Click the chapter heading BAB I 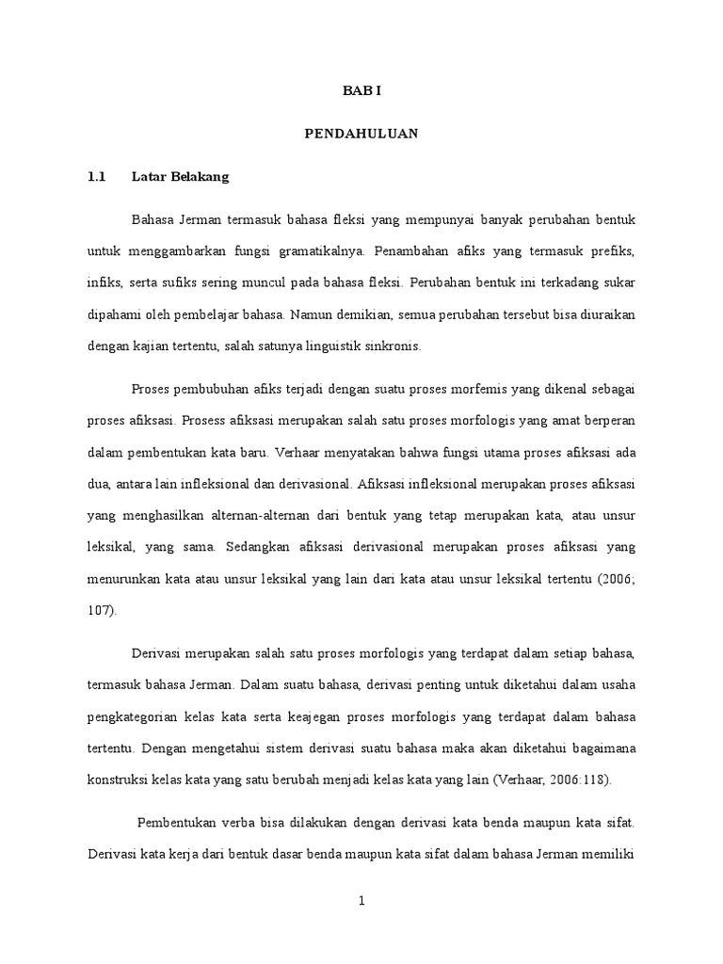pyautogui.click(x=361, y=91)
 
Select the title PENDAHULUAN pyautogui.click(x=361, y=135)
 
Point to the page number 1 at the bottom pyautogui.click(x=361, y=901)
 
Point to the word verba pyautogui.click(x=246, y=823)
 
